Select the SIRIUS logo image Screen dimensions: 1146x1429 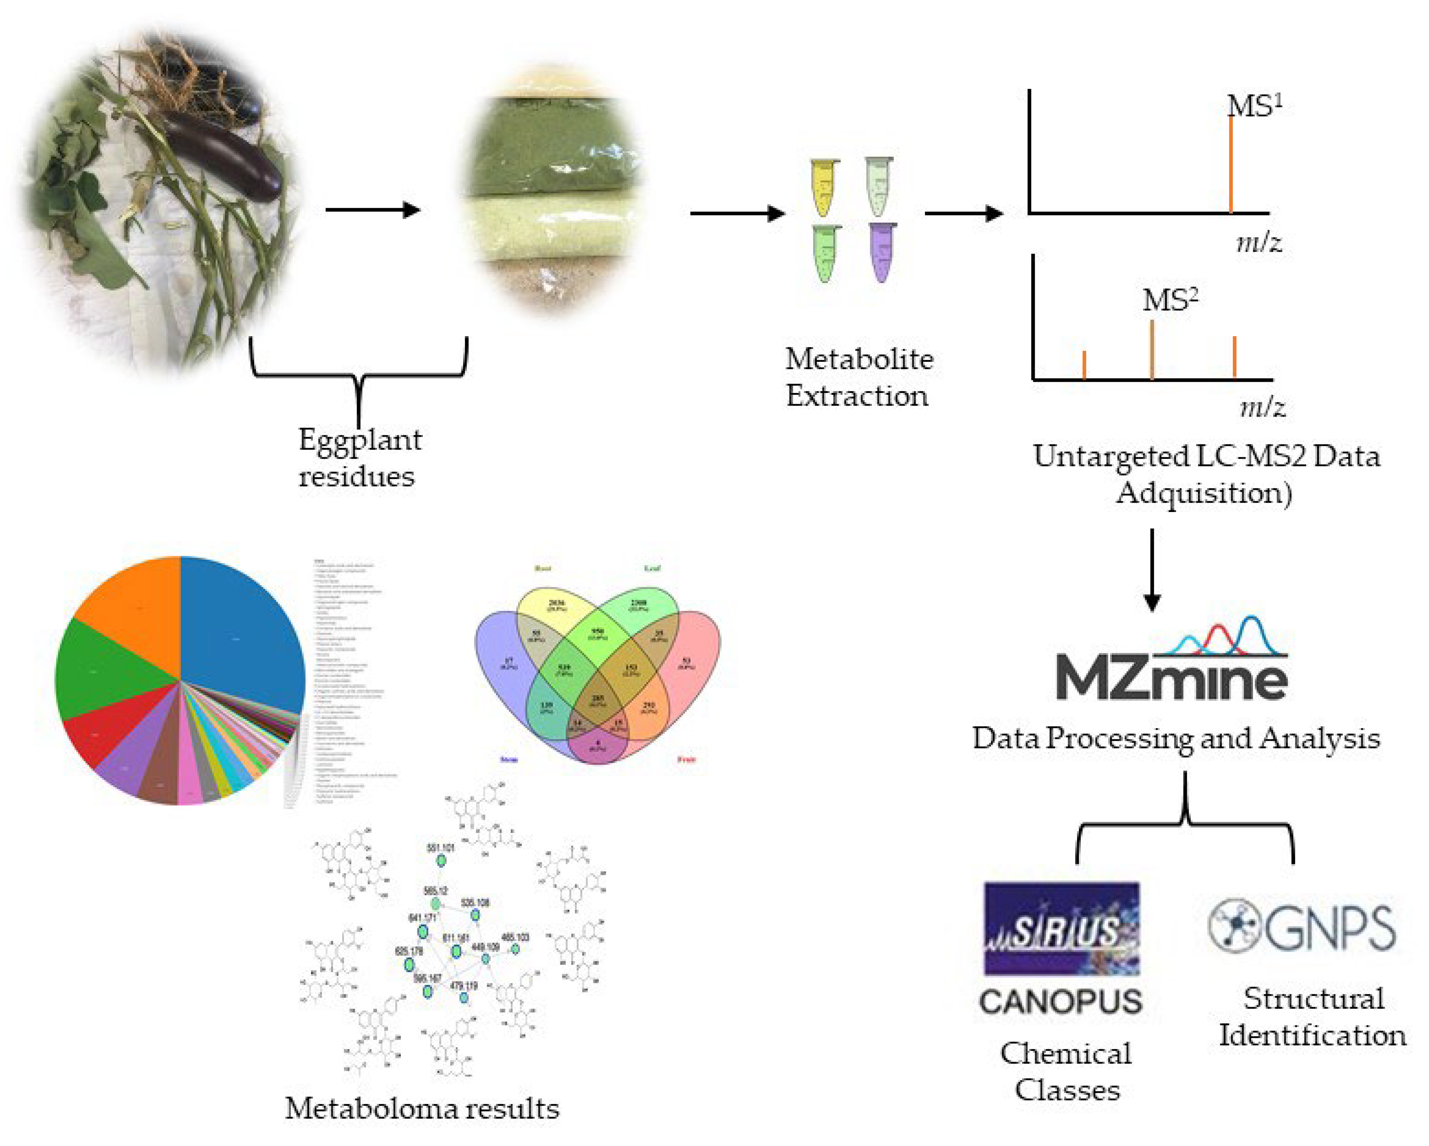coord(1061,928)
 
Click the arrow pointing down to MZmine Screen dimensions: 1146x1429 coord(1152,570)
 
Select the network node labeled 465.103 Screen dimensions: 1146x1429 coord(515,948)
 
